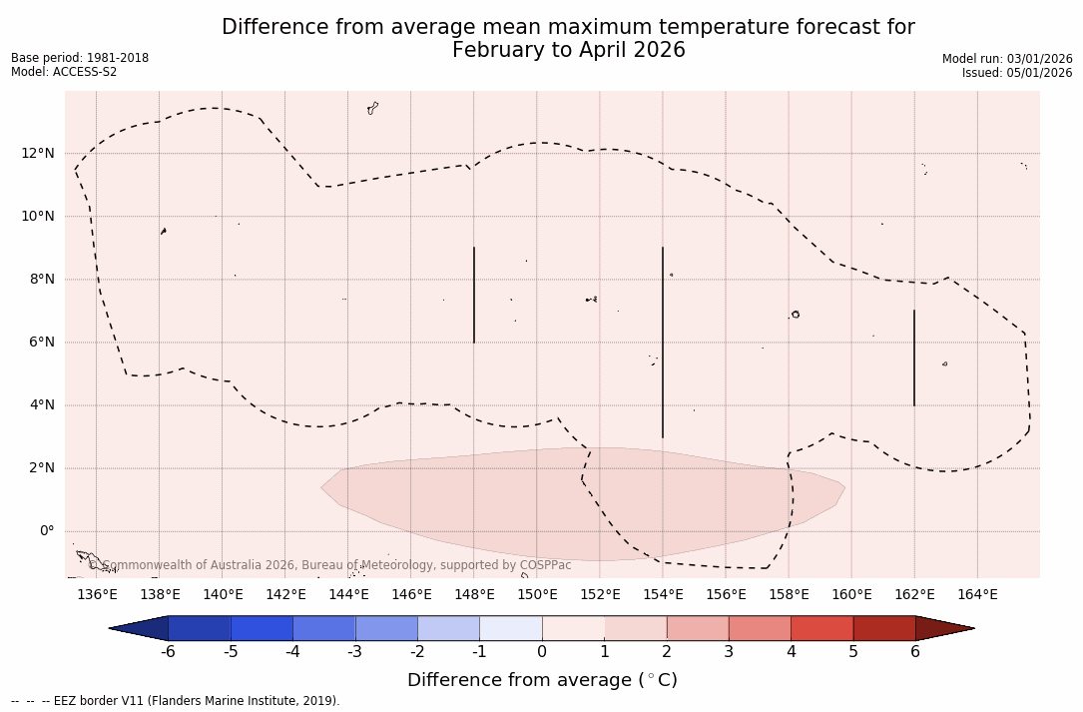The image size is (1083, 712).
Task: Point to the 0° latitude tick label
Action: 47,531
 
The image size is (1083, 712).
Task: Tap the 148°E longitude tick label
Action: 474,595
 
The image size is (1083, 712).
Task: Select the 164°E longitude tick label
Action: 977,595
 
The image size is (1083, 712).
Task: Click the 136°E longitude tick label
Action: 97,595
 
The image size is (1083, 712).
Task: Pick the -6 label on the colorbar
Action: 168,652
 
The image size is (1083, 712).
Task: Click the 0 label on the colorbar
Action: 542,652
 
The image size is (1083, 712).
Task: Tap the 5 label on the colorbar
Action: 853,652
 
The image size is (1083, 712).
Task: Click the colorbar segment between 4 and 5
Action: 821,628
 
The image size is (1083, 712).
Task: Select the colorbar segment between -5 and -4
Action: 262,628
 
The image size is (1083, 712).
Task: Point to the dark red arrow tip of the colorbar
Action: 948,628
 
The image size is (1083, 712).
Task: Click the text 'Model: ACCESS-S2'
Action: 64,72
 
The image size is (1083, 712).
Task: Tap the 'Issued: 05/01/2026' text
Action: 1017,73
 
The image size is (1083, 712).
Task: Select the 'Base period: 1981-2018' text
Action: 80,58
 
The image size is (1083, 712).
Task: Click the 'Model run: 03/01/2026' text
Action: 1007,59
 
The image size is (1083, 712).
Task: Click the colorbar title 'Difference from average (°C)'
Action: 542,680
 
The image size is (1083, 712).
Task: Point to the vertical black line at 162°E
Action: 914,357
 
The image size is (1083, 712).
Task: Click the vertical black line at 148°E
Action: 474,295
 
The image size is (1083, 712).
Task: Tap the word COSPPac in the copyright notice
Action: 545,565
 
